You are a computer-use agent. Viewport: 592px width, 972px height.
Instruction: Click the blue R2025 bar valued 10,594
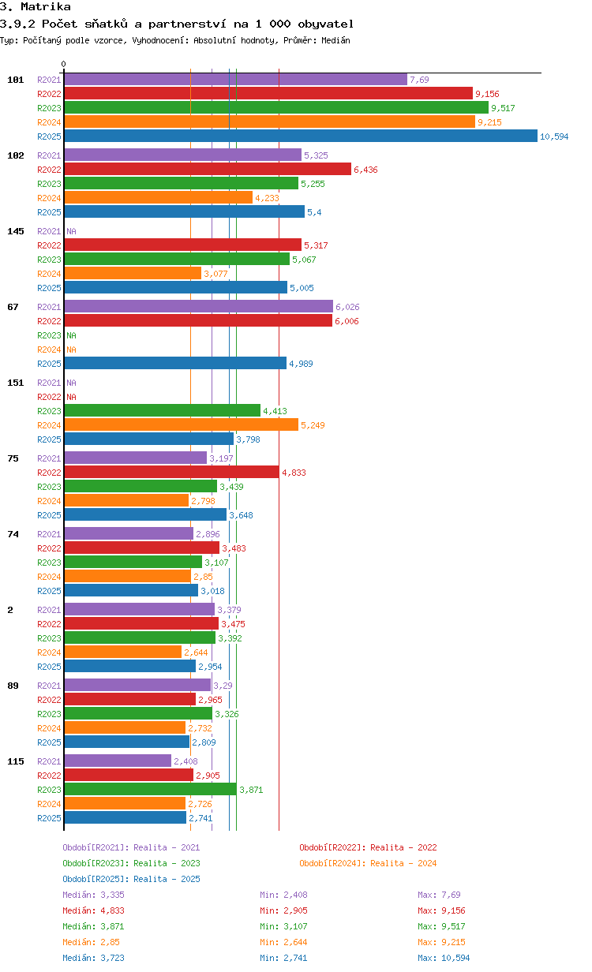click(x=301, y=136)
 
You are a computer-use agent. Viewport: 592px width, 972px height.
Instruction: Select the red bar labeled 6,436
click(x=208, y=169)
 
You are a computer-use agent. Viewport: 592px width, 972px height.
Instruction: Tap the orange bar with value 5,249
click(x=182, y=424)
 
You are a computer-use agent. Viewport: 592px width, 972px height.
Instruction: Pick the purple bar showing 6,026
click(x=199, y=306)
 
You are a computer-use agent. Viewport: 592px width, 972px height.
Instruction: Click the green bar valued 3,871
click(x=151, y=789)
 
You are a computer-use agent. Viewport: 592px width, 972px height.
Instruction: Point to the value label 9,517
click(x=503, y=108)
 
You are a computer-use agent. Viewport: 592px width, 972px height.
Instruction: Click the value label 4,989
click(x=301, y=364)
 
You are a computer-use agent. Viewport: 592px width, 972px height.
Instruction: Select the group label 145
click(x=16, y=231)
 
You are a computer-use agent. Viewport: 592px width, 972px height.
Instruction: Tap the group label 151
click(x=16, y=383)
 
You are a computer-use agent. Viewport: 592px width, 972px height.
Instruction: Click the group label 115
click(x=16, y=761)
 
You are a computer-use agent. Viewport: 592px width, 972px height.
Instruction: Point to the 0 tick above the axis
click(x=64, y=64)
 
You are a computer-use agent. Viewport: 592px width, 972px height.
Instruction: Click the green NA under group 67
click(x=71, y=335)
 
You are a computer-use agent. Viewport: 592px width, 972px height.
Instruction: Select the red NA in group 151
click(x=71, y=397)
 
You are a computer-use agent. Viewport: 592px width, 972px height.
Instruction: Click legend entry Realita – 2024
click(x=403, y=863)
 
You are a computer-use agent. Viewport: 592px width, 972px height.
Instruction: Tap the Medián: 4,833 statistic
click(x=93, y=910)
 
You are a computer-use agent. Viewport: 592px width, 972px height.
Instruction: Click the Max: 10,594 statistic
click(x=444, y=958)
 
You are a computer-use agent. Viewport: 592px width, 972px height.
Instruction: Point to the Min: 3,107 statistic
click(x=283, y=926)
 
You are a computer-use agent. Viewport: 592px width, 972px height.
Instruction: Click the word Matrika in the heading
click(x=46, y=7)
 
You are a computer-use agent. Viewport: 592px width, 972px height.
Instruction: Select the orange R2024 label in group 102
click(x=49, y=198)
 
